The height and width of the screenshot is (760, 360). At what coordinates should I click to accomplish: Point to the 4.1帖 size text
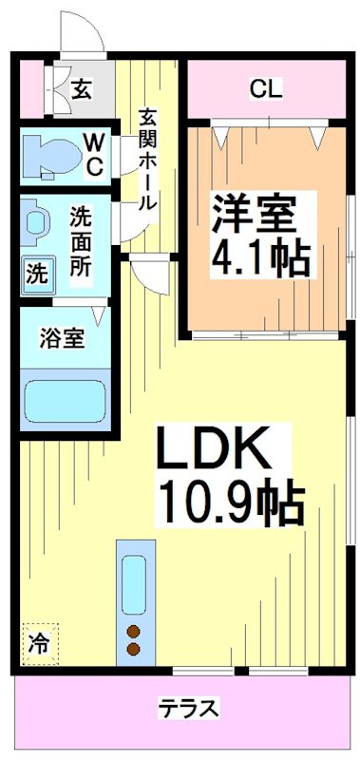point(263,257)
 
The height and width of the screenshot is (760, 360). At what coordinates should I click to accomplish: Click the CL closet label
point(265,89)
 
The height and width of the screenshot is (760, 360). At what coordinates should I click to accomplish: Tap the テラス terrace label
point(189,709)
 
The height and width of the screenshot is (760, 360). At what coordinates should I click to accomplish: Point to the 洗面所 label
point(81,241)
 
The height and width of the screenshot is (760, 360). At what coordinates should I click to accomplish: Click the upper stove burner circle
point(133,632)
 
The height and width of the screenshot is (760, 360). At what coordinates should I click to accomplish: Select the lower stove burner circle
point(133,650)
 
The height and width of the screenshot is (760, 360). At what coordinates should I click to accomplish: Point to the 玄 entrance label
point(81,90)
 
